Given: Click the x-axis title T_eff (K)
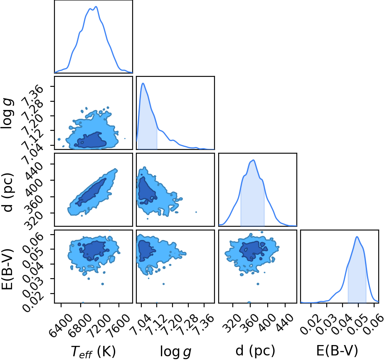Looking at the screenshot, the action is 93,351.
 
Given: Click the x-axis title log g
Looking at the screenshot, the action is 176,351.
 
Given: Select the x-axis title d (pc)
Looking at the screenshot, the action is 255,350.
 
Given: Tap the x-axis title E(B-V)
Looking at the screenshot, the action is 337,350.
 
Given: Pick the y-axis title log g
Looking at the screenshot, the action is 7,113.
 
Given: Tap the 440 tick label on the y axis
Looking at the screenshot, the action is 34,169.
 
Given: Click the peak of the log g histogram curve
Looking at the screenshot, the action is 143,83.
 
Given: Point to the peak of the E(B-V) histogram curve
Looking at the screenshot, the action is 357,237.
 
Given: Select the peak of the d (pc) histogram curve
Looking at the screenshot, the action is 253,160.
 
